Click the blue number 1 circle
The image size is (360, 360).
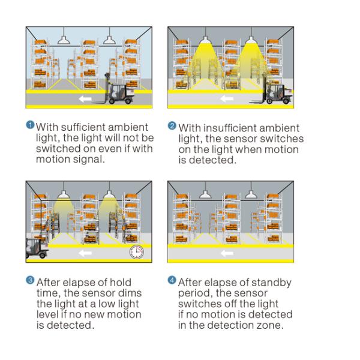(30, 125)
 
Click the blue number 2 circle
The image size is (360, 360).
(172, 125)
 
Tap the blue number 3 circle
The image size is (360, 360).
(30, 280)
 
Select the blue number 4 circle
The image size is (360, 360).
(172, 280)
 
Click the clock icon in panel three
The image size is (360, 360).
(137, 252)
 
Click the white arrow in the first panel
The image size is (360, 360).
(85, 99)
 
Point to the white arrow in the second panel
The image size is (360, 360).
(227, 99)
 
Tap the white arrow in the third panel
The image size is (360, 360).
(85, 253)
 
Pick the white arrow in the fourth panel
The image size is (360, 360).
(227, 253)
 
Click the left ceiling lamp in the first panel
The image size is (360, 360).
(64, 40)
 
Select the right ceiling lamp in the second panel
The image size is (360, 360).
(251, 40)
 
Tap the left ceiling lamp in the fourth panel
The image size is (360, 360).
(205, 194)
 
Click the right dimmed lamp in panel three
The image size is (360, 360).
(109, 194)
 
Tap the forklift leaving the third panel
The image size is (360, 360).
(37, 248)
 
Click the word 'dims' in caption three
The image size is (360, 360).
(130, 293)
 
